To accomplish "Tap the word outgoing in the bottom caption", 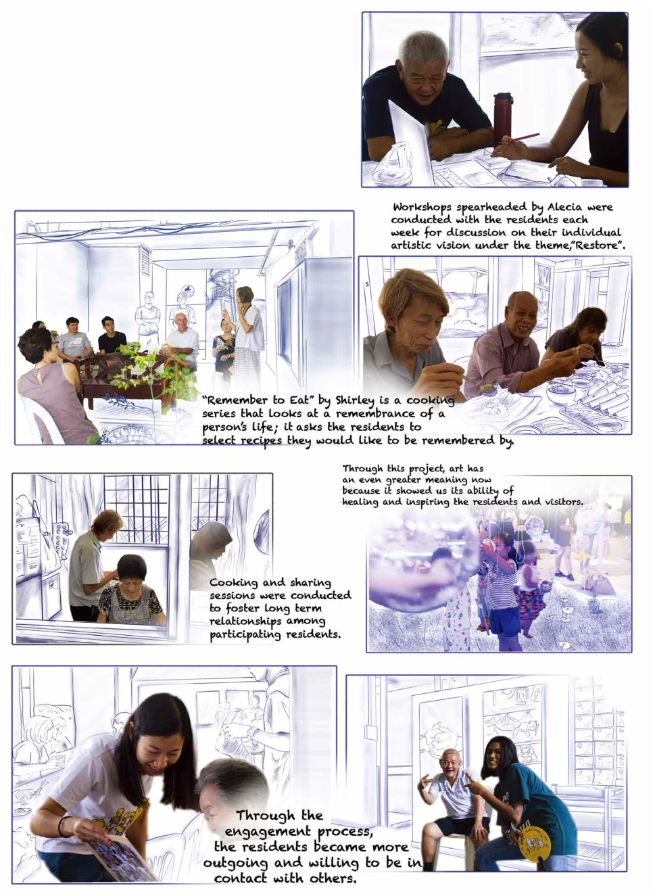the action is click(235, 864).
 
